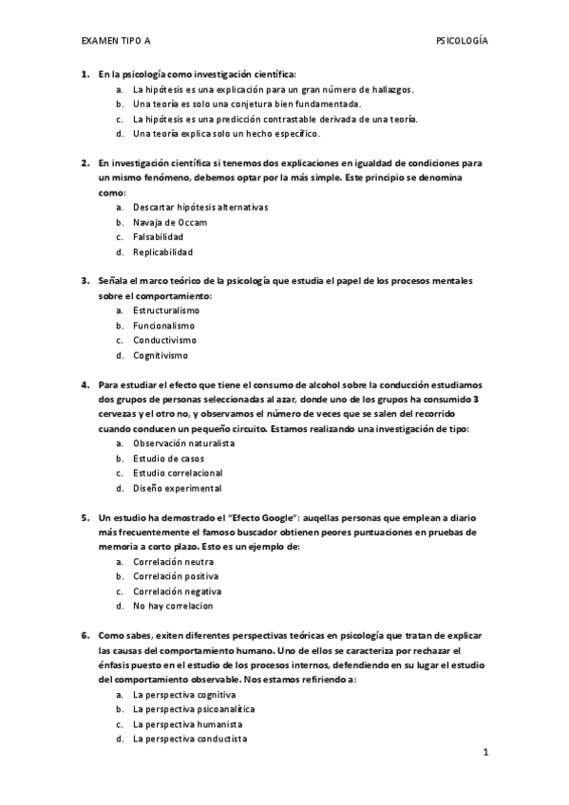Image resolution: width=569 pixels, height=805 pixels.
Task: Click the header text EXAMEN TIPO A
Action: tap(115, 42)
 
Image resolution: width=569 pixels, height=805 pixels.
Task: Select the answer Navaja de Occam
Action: tap(170, 222)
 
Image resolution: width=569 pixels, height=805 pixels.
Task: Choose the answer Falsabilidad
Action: tap(159, 237)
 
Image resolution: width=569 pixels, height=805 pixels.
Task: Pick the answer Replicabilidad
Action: tap(162, 253)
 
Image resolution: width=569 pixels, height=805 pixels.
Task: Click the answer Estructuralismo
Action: tap(166, 310)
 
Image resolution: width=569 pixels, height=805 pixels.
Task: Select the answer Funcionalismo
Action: tap(163, 326)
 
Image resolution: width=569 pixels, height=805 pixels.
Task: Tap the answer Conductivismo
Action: tap(164, 340)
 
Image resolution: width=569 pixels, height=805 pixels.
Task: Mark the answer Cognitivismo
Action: tap(161, 355)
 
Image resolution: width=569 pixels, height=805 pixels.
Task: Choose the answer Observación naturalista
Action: tap(183, 443)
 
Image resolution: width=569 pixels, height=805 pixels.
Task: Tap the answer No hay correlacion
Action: tap(173, 606)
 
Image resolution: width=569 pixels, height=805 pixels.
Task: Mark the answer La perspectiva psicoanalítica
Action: tap(194, 708)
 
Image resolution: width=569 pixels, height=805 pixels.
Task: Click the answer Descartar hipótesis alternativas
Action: tap(201, 207)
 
